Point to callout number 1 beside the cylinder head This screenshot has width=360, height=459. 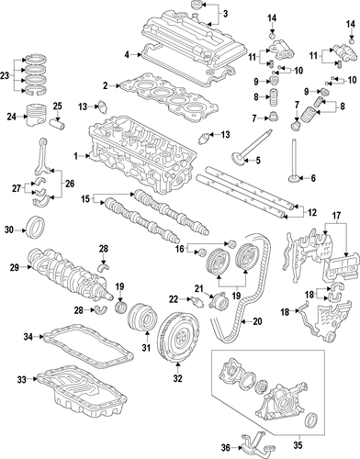tap(75, 157)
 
